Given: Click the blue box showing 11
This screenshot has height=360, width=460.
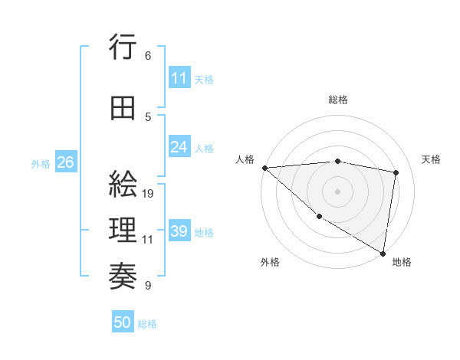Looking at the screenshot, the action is [x=179, y=78].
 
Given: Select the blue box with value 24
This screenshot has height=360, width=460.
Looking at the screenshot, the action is [x=179, y=147].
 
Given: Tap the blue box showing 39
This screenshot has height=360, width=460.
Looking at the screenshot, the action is [x=179, y=231].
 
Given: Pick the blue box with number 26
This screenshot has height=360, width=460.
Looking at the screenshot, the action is [x=65, y=162].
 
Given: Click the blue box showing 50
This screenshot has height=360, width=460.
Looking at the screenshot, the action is [x=123, y=322].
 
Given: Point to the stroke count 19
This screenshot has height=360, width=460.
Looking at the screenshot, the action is [x=148, y=194].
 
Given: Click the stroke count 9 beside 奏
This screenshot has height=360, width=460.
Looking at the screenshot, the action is [x=148, y=286].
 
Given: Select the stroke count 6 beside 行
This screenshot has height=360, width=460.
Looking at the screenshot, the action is [x=148, y=56].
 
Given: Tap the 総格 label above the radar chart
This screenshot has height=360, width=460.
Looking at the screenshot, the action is [x=338, y=100].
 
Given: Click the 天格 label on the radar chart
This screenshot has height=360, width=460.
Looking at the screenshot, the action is [x=431, y=159].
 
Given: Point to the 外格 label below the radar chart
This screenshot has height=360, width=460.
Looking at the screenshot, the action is [x=270, y=262].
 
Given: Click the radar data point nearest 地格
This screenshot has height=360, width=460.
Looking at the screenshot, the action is [x=382, y=252].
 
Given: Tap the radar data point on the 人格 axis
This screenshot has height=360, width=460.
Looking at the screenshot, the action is [x=264, y=168].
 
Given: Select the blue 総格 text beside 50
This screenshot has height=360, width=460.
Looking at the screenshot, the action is [x=147, y=324].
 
